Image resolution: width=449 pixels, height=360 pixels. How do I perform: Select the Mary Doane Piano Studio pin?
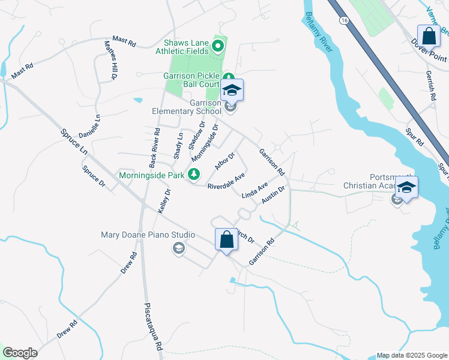pos(178,248)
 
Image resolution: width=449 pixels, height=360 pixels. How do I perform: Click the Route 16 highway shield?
pos(344,20)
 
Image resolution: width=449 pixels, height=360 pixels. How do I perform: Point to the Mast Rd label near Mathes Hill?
pos(124,41)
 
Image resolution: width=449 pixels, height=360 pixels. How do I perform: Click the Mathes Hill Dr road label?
pos(110,60)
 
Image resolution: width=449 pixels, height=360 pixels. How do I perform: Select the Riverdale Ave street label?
pos(226,182)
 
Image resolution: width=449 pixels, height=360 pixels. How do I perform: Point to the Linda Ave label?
pos(254,191)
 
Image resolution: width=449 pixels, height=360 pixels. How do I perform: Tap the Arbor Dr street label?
pos(224,161)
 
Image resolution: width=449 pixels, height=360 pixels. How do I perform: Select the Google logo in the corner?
pos(20,353)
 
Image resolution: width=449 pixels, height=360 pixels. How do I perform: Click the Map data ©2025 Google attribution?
pos(411,355)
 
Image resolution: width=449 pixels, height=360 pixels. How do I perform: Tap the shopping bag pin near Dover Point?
pos(429,35)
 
